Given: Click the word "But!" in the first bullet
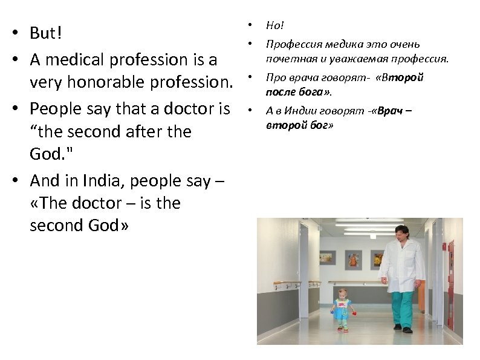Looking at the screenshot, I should (x=46, y=34).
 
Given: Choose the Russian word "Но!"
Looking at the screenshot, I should (x=274, y=26).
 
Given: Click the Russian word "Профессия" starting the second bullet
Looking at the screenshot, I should (x=293, y=45).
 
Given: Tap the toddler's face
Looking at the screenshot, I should (x=343, y=296).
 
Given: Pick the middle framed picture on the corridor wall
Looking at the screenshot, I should (x=353, y=259).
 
